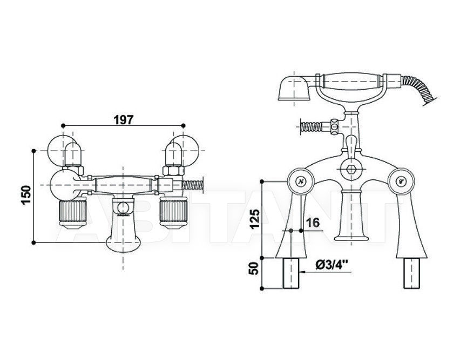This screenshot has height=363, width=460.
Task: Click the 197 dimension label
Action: pos(123,119)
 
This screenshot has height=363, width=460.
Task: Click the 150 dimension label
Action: pos(26,196)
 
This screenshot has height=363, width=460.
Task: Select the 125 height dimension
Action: pos(255,219)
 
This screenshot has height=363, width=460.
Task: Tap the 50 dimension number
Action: pos(255,268)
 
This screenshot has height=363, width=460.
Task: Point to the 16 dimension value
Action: pos(313,223)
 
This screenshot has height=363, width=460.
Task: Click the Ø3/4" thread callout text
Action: pos(332,266)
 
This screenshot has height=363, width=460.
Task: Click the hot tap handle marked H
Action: pos(300,181)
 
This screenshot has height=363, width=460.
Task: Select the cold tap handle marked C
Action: pos(401,181)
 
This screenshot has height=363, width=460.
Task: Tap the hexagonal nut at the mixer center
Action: pos(351,169)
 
